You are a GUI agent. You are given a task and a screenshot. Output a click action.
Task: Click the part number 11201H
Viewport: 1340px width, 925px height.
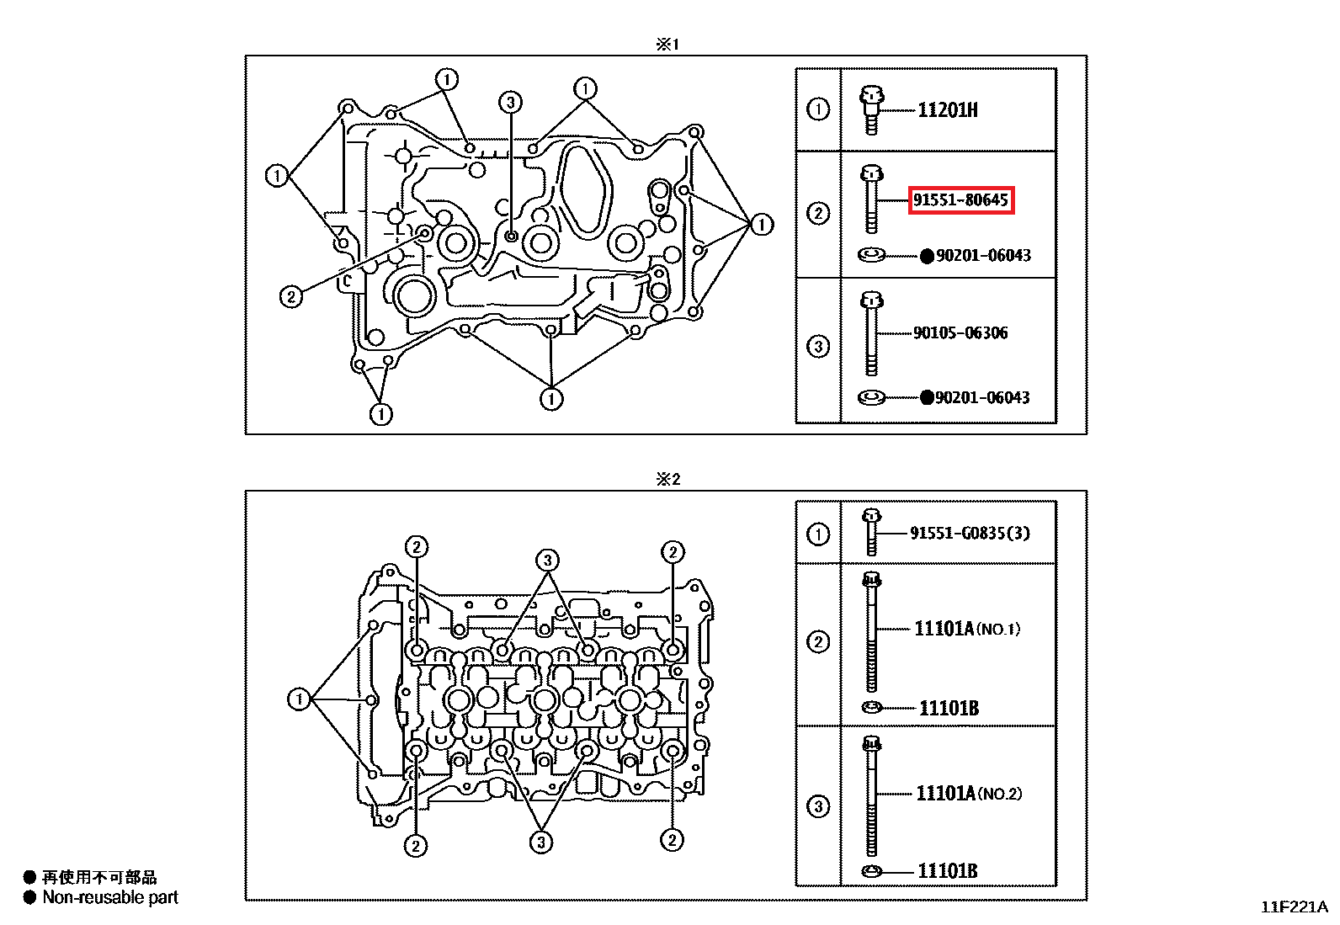click(948, 110)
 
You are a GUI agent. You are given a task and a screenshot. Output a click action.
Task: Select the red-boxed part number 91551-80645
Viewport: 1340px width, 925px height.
click(960, 199)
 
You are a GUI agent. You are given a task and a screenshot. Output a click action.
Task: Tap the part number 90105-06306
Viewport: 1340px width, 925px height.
click(960, 332)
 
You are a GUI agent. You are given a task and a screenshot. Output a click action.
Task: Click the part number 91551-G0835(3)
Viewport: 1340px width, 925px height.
click(970, 533)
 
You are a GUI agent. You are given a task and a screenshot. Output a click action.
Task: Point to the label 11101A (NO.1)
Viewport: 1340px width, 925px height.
click(967, 629)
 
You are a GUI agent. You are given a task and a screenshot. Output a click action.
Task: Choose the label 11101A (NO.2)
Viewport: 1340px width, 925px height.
click(969, 794)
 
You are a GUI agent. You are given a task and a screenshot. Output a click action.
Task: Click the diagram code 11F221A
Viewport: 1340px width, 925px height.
click(1294, 907)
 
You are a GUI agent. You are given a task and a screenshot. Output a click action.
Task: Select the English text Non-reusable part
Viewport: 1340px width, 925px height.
click(110, 897)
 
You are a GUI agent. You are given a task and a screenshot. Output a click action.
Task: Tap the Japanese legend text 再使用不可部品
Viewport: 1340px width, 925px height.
click(99, 877)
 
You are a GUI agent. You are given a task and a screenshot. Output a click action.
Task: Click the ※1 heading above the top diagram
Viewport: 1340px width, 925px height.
click(667, 45)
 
